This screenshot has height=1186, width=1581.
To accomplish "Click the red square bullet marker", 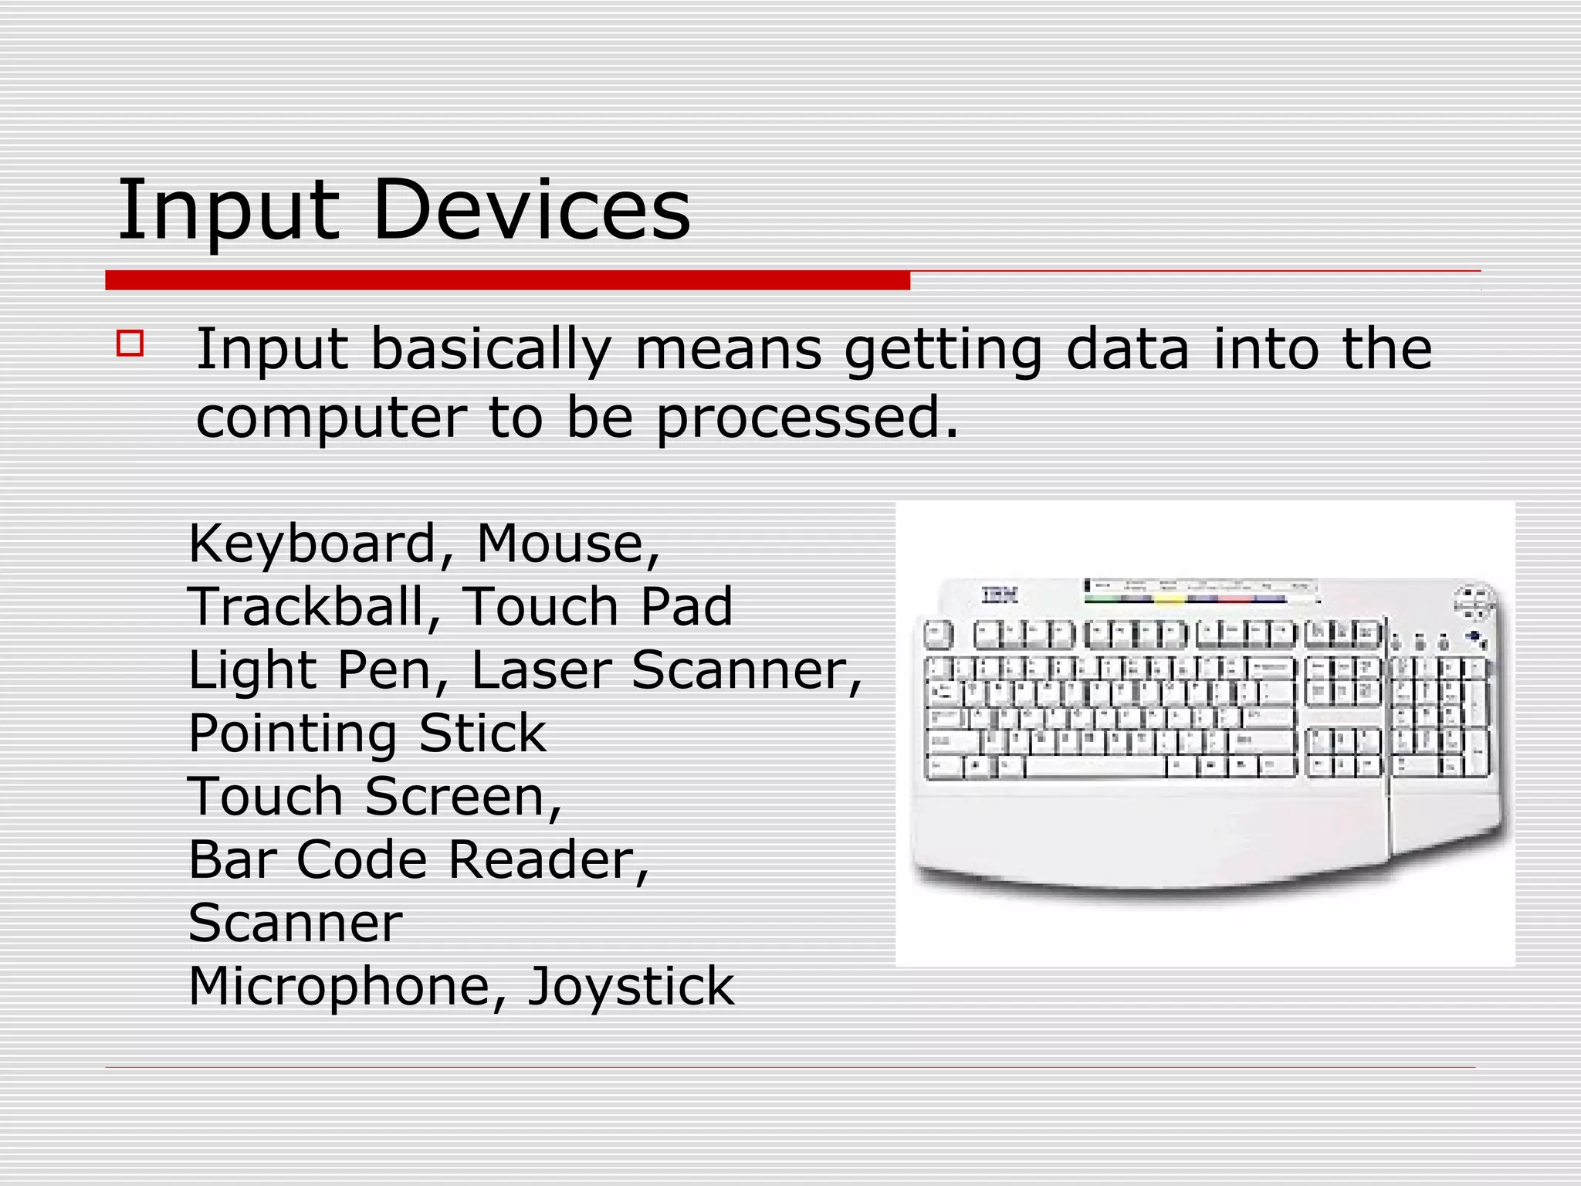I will (x=130, y=343).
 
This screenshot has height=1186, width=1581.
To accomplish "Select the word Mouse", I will (x=568, y=544).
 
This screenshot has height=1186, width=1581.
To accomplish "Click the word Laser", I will (x=541, y=669).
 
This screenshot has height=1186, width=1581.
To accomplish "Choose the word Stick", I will (x=482, y=733).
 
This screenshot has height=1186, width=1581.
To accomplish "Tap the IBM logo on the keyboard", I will (x=1000, y=595).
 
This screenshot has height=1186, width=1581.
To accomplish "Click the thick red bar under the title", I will (x=507, y=280).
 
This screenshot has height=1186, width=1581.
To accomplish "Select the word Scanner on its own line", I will (x=295, y=923).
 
